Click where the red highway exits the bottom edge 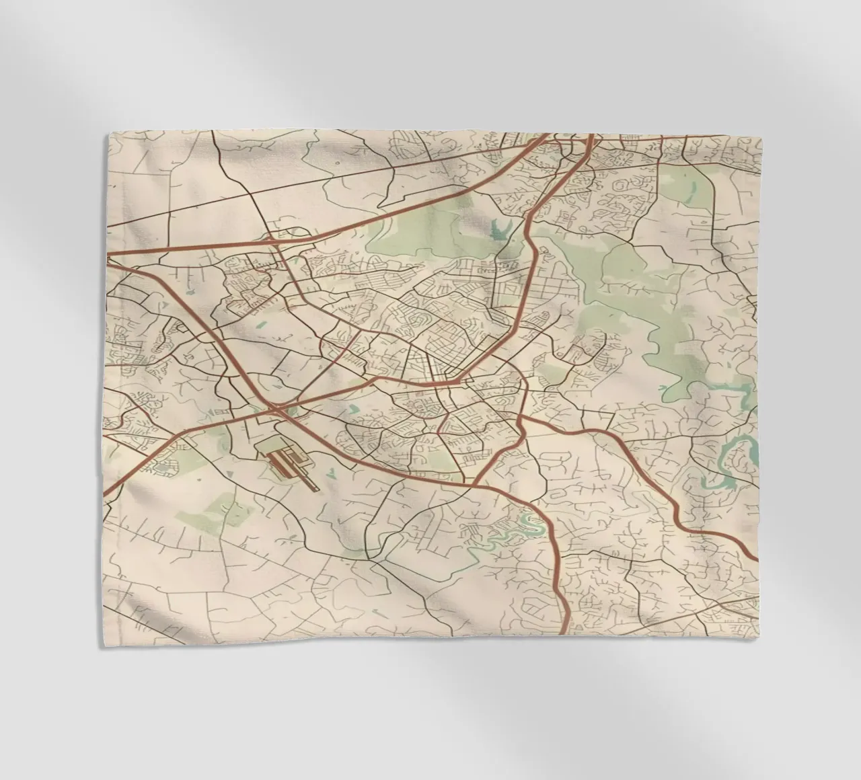click(562, 632)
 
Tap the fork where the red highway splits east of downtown click(522, 420)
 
